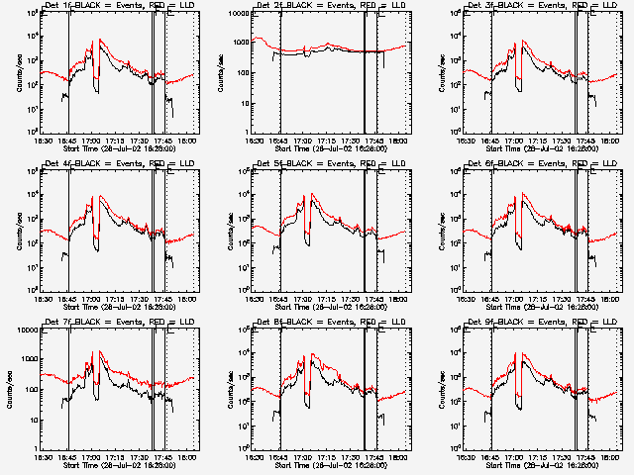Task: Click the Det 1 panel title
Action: click(x=115, y=6)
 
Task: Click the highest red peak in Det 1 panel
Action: click(x=96, y=42)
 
